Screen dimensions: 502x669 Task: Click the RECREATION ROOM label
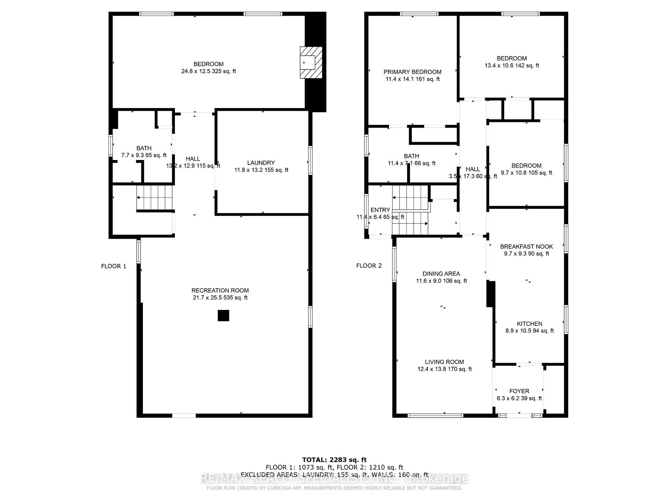220,290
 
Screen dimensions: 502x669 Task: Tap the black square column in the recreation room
223,315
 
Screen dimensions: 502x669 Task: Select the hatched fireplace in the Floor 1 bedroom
311,62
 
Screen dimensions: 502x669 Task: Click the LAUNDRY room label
261,163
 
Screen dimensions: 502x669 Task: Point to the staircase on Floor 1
155,198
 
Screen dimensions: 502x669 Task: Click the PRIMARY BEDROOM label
412,72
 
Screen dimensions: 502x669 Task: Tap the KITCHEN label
529,324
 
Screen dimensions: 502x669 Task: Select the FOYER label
519,391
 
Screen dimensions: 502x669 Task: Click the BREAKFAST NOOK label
526,246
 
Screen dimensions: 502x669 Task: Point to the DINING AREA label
441,274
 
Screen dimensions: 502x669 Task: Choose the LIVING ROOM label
444,362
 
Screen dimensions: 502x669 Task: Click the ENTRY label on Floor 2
380,210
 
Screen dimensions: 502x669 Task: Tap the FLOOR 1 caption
114,266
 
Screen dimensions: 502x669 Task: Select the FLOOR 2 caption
369,266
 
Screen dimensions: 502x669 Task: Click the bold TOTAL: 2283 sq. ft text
334,460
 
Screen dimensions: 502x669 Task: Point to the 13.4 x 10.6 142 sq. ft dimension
512,66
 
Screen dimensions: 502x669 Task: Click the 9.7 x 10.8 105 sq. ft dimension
526,173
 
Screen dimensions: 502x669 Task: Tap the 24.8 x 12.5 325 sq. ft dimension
208,71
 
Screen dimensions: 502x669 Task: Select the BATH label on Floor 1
144,148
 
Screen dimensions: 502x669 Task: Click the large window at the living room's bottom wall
435,416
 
